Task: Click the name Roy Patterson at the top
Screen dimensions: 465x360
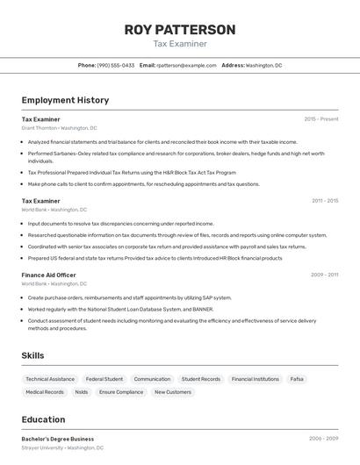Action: (180, 30)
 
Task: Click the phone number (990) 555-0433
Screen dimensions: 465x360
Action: (116, 65)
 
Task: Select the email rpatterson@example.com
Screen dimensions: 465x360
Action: (186, 65)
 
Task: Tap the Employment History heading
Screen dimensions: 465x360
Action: (65, 100)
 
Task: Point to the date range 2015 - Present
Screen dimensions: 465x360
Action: (321, 118)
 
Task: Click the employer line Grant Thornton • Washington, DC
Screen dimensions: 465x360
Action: (59, 128)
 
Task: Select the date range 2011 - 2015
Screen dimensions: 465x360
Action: (325, 201)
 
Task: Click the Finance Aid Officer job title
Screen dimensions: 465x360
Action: (48, 275)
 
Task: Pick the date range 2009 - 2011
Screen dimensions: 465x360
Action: (325, 275)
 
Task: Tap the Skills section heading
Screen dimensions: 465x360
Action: (33, 355)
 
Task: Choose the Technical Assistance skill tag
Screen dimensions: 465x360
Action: (50, 379)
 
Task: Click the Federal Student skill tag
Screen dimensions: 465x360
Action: (104, 379)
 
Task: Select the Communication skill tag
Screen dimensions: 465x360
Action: (152, 379)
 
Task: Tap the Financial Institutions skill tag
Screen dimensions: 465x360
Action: (255, 379)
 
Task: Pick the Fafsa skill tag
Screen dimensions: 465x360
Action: (297, 379)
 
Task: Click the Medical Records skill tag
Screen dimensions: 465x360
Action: (45, 392)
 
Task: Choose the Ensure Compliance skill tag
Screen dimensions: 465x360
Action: (121, 392)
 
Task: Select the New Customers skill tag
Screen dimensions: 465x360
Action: (173, 392)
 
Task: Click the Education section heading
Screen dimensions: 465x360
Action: (43, 419)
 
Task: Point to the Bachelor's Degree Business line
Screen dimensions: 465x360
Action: (58, 439)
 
